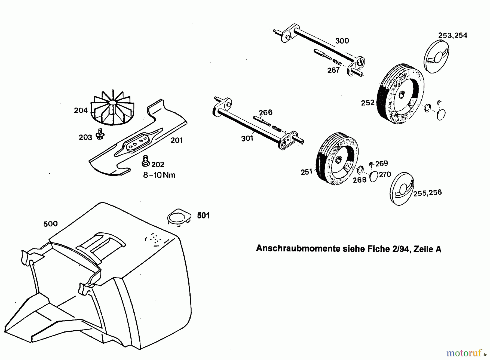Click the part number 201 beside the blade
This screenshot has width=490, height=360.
click(x=176, y=140)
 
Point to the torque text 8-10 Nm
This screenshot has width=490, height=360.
click(x=159, y=175)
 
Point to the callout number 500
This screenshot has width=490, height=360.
click(x=51, y=224)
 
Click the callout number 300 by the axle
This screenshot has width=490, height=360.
click(x=342, y=41)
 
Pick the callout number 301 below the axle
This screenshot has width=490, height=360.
click(x=247, y=139)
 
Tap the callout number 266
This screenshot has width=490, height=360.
click(x=265, y=112)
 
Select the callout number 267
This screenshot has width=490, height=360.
click(x=333, y=70)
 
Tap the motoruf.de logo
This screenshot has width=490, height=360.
click(x=466, y=353)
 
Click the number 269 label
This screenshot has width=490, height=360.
click(x=381, y=164)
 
